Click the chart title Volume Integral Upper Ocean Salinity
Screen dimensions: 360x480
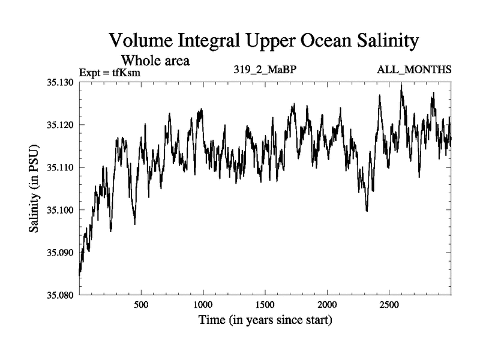(x=263, y=42)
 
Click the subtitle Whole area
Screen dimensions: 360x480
(x=156, y=61)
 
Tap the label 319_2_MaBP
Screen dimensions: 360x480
(x=265, y=70)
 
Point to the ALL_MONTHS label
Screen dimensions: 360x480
(x=414, y=70)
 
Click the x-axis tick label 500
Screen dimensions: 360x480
(x=141, y=305)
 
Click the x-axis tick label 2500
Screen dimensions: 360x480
(x=389, y=305)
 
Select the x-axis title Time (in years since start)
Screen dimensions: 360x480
(x=265, y=320)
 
